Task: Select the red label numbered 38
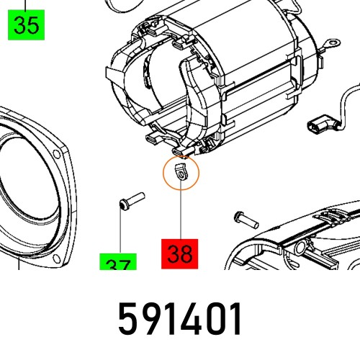[x=180, y=253]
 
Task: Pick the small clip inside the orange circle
[x=180, y=173]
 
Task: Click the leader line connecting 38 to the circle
[x=180, y=212]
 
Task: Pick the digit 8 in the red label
[x=188, y=253]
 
